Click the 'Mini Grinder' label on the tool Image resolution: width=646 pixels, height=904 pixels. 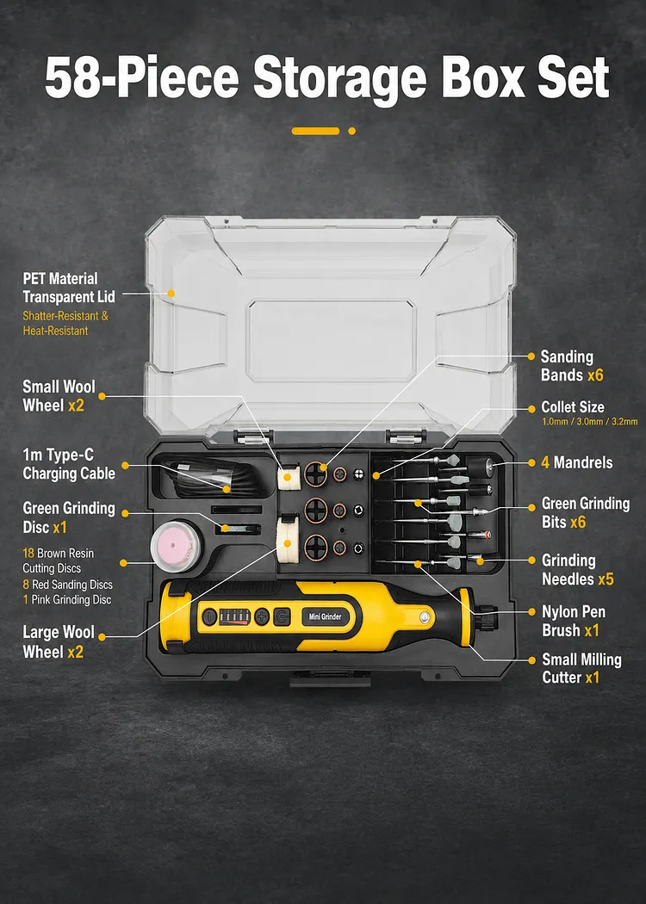point(325,616)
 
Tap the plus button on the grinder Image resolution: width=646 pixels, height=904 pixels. point(262,616)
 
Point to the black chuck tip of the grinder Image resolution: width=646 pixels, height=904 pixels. point(487,616)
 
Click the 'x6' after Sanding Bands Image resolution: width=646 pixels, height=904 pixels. point(595,375)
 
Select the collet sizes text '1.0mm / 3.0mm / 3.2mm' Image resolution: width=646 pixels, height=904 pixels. point(589,422)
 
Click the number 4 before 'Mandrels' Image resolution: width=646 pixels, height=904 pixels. point(545,462)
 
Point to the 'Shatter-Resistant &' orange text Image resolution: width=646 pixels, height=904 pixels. point(65,316)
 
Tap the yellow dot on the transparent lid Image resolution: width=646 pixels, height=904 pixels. point(171,294)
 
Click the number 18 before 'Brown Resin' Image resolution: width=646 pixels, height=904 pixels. point(28,553)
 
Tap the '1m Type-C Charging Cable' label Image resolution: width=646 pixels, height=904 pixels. point(69,464)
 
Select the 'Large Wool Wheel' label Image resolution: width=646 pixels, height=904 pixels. point(59,641)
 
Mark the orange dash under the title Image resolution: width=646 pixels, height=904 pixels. point(315,131)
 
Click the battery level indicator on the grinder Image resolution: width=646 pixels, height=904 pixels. point(235,616)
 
